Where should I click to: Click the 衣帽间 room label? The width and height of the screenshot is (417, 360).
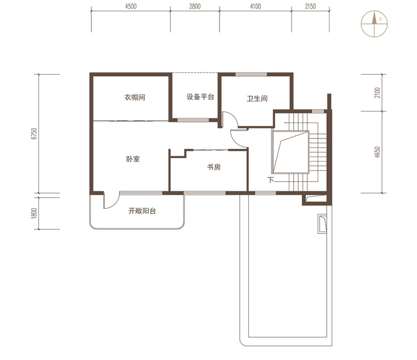tap(135, 97)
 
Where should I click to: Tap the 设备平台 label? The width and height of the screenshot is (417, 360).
tap(200, 97)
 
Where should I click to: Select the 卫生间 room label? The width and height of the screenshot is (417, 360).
tap(257, 99)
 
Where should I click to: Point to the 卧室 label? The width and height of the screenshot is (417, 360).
tap(133, 159)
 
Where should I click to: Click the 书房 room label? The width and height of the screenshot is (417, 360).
tap(214, 167)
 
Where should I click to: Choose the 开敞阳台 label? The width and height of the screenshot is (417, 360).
tap(142, 211)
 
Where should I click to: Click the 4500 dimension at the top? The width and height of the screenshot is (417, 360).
tap(131, 6)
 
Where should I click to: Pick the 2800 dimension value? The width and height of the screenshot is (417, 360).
tap(195, 6)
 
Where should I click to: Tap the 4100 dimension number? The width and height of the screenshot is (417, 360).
tap(255, 6)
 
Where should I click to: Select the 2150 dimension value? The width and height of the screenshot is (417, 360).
tap(310, 6)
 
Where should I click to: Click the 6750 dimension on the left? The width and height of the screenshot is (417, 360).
tap(34, 134)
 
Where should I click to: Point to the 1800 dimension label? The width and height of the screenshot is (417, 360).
tap(34, 213)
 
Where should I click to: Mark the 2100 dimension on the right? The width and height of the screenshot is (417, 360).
tap(377, 92)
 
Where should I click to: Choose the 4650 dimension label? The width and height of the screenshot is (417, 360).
tap(377, 152)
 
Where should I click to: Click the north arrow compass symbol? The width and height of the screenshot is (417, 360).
tap(374, 24)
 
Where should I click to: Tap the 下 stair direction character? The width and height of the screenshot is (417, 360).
tap(271, 180)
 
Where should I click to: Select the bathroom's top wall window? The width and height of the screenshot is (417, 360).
tap(251, 74)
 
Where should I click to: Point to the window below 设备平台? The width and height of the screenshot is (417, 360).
tap(193, 120)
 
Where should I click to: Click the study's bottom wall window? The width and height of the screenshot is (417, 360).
tap(205, 193)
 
